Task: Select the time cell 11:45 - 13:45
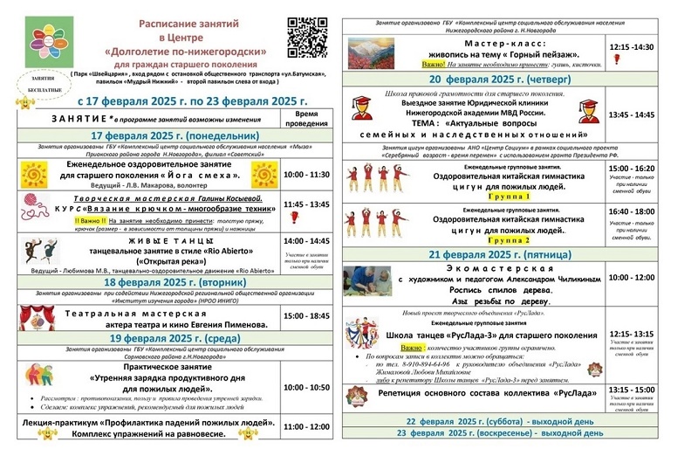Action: click(307, 204)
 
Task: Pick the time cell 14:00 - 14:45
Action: click(307, 240)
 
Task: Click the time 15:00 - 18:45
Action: click(307, 315)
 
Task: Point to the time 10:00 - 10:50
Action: click(307, 386)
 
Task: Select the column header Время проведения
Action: click(307, 118)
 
